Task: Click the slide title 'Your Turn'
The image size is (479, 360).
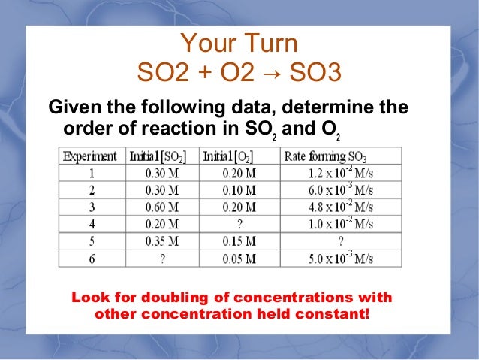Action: (239, 44)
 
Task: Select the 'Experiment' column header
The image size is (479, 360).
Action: (89, 156)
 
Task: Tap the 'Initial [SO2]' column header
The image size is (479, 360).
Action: (158, 156)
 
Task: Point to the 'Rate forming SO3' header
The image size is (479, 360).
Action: (325, 156)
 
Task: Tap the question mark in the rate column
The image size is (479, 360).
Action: (340, 241)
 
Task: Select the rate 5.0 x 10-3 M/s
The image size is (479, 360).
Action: (340, 258)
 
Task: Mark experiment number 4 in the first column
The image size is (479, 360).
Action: (89, 225)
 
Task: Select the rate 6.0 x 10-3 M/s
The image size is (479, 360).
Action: (340, 190)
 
